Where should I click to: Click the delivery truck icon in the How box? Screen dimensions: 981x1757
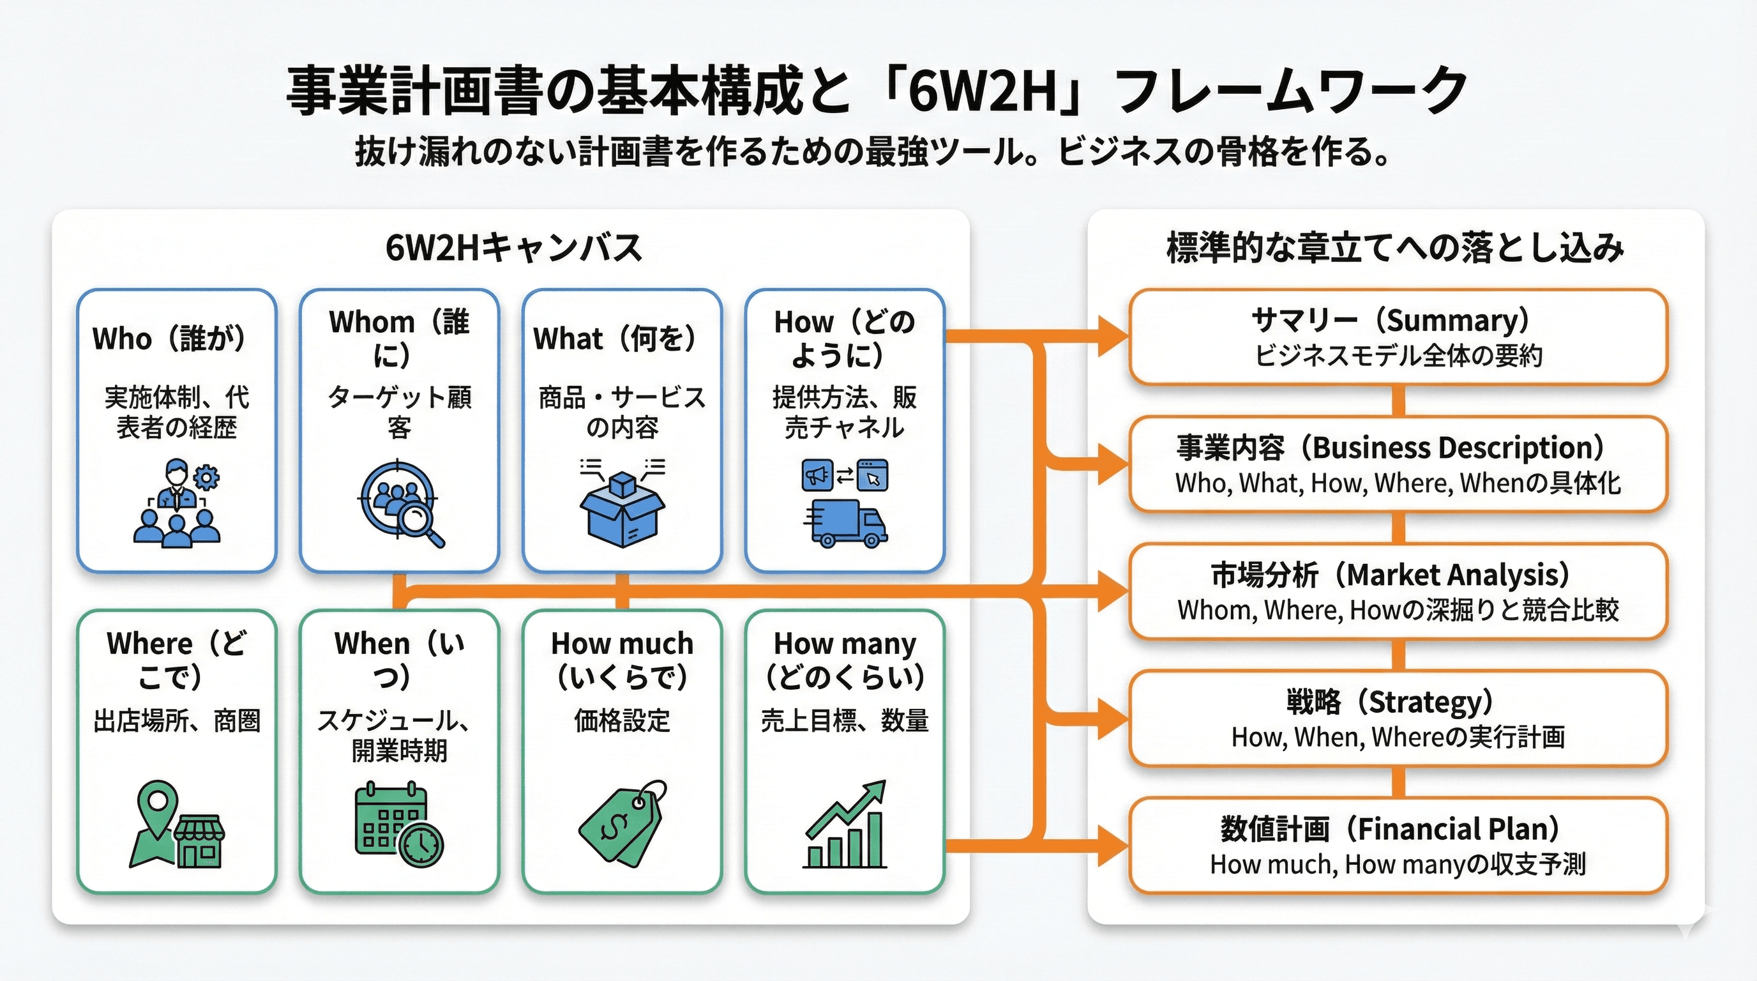point(846,523)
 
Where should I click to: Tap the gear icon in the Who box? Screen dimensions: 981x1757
point(207,477)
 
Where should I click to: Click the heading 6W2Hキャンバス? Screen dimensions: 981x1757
point(513,248)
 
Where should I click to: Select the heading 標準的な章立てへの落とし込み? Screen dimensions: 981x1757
point(1396,248)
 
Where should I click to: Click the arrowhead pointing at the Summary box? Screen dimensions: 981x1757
point(1114,336)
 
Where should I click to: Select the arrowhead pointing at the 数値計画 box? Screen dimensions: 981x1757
point(1114,846)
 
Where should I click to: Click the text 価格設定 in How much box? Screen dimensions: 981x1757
point(621,720)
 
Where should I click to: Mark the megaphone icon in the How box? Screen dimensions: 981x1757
point(817,476)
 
